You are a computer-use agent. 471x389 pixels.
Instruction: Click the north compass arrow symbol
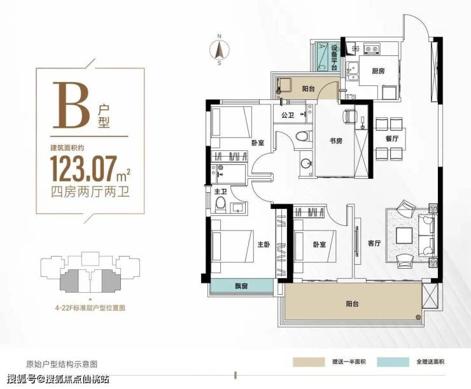[x=220, y=50]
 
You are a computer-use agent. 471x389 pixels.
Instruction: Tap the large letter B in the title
[x=72, y=104]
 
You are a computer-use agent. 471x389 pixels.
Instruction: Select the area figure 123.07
[x=84, y=169]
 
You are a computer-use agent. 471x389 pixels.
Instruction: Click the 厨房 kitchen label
[x=377, y=71]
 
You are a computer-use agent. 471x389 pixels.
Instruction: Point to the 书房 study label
[x=335, y=141]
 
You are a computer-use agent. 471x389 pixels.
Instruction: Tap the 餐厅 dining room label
[x=391, y=139]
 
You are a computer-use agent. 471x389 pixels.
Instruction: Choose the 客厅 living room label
[x=374, y=243]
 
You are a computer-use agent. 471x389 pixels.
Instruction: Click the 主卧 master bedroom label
[x=264, y=244]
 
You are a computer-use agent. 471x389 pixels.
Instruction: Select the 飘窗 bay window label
[x=241, y=286]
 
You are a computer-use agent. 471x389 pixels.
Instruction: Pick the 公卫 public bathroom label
[x=288, y=115]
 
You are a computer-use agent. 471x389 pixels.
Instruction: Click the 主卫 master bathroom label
[x=220, y=191]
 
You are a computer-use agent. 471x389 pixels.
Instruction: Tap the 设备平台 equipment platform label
[x=334, y=57]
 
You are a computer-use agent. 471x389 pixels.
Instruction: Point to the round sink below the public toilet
[x=306, y=164]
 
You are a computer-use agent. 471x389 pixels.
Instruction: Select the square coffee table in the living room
[x=404, y=236]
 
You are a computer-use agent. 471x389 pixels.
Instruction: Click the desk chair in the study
[x=349, y=116]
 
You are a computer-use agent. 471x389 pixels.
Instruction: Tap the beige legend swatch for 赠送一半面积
[x=309, y=362]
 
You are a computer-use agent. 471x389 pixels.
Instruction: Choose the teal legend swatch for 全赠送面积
[x=393, y=362]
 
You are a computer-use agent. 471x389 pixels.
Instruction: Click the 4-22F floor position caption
[x=90, y=308]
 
